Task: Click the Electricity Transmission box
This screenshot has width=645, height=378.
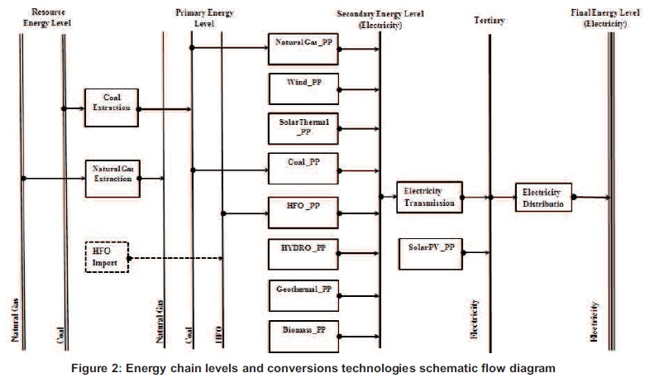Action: pyautogui.click(x=428, y=197)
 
